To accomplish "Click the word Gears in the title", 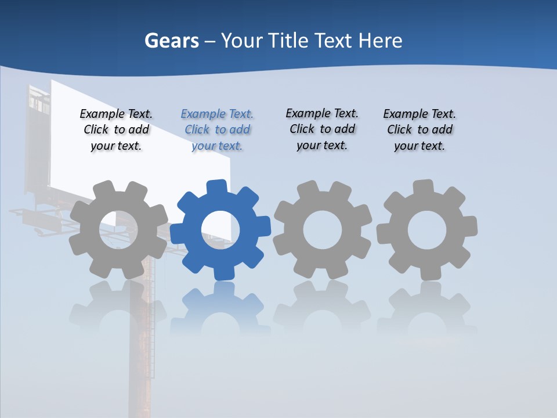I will (x=171, y=41).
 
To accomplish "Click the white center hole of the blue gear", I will (x=220, y=230).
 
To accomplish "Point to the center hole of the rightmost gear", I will (x=426, y=230).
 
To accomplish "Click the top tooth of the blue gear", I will (x=216, y=188).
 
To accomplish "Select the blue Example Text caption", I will (x=217, y=130).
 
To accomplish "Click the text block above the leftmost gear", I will (x=116, y=130).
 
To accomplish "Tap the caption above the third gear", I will (x=322, y=129).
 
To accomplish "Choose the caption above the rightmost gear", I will (x=419, y=130).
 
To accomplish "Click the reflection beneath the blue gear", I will (x=220, y=308).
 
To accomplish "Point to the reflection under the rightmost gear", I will (x=426, y=308).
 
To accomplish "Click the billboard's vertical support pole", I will (x=141, y=360).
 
